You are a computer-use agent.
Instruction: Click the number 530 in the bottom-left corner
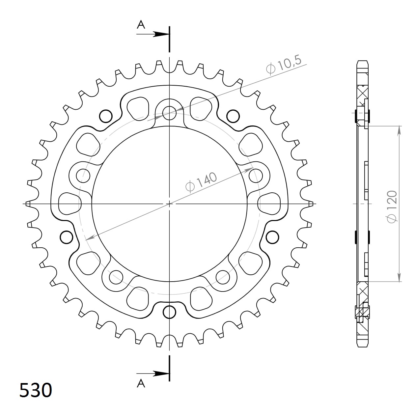(36, 390)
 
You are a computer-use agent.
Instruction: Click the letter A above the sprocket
(141, 25)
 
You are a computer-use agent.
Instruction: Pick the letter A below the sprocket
(141, 383)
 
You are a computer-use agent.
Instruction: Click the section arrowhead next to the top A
(161, 34)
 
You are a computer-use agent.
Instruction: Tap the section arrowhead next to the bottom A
(161, 373)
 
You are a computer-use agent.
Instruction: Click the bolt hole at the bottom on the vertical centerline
(169, 312)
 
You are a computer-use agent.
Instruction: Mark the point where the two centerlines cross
(169, 204)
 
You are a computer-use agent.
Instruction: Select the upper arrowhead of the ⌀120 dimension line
(399, 130)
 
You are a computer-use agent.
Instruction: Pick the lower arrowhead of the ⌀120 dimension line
(399, 277)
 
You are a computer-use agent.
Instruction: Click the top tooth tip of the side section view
(362, 62)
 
